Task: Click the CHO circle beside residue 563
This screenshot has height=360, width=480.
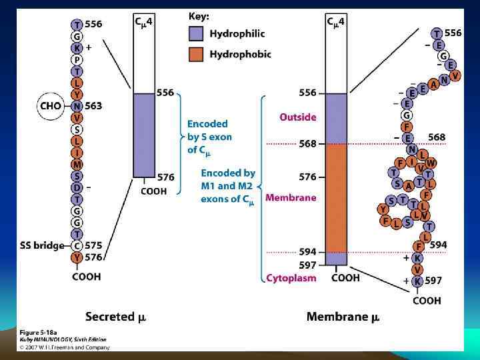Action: click(51, 105)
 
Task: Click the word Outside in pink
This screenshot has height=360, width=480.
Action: click(297, 117)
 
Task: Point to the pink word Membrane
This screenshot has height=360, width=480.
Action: click(291, 198)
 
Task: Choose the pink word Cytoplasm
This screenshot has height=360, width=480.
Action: click(291, 277)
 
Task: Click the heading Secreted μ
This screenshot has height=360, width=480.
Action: click(115, 317)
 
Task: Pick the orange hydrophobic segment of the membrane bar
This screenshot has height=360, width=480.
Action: click(336, 197)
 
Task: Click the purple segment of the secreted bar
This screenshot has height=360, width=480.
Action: click(144, 135)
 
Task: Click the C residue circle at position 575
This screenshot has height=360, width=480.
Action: click(77, 245)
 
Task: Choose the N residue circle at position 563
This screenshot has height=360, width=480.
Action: click(77, 105)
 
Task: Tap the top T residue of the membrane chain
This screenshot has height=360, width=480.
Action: click(436, 33)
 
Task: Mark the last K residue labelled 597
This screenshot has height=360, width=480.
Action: click(417, 281)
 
